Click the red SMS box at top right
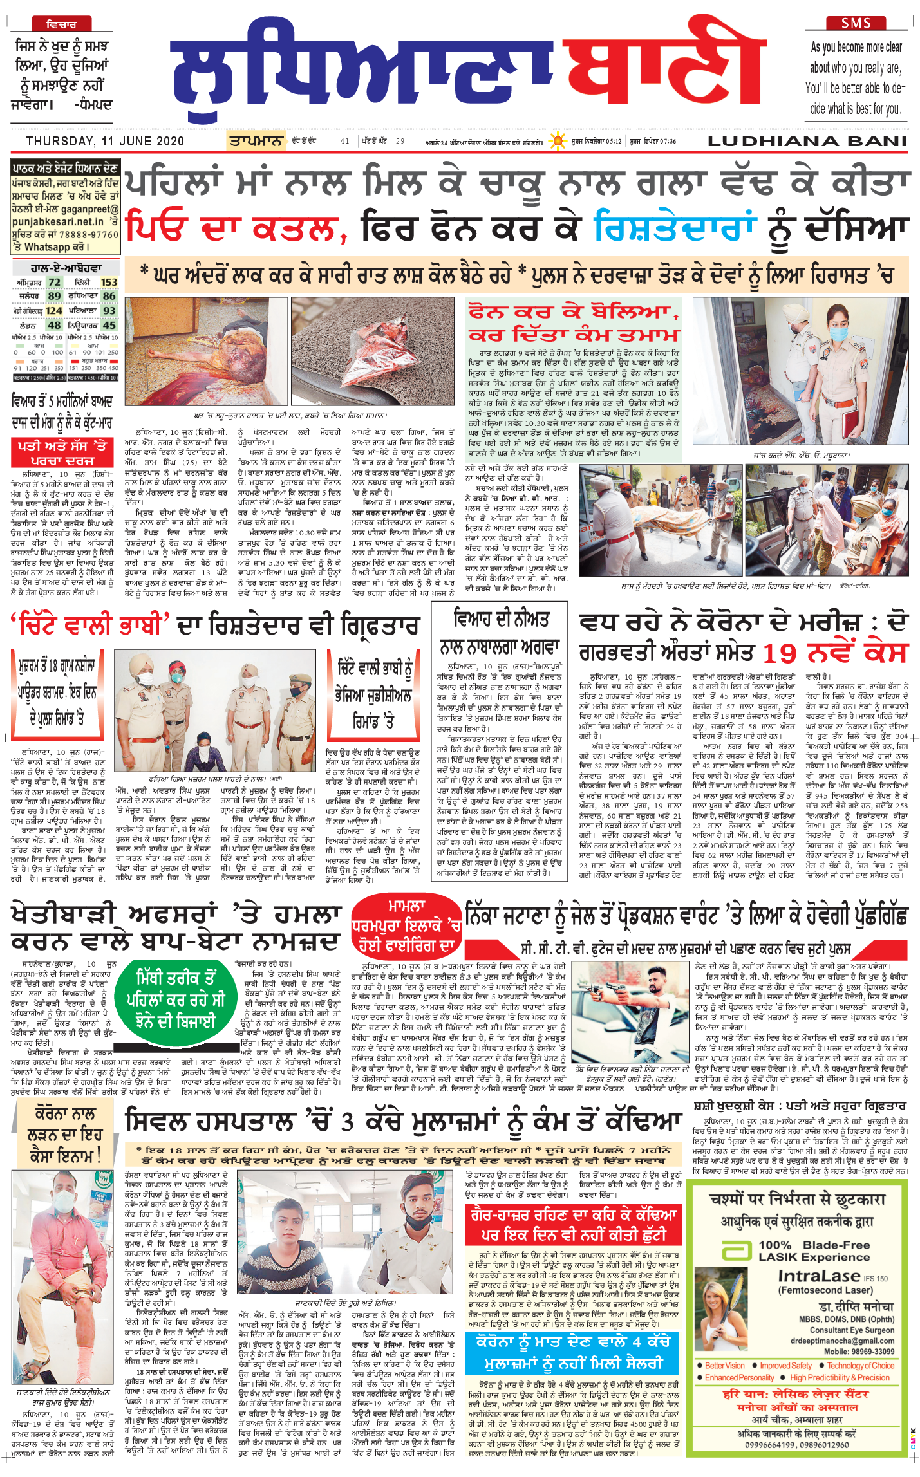tap(856, 23)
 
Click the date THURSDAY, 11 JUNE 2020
tap(105, 142)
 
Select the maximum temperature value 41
tap(345, 142)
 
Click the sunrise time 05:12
tap(614, 142)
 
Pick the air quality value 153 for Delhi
tap(109, 282)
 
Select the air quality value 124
tap(54, 311)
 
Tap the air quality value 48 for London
tap(54, 325)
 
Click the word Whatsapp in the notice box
tap(47, 247)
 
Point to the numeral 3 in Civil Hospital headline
tap(347, 1122)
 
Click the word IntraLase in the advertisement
tap(819, 1276)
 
